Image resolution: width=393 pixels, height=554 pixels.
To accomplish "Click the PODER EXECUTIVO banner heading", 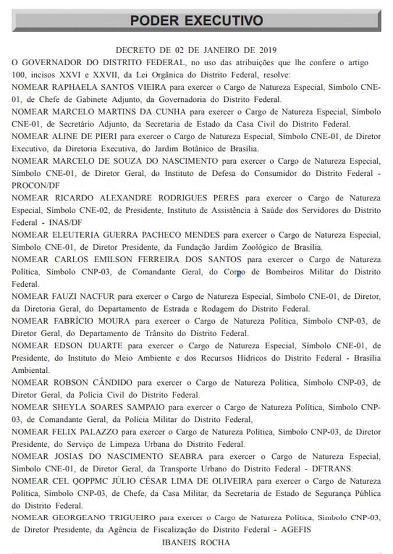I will pyautogui.click(x=196, y=21).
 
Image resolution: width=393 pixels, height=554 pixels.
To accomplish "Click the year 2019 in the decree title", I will pyautogui.click(x=265, y=51).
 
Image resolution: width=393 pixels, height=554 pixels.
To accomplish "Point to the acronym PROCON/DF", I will pyautogui.click(x=36, y=185).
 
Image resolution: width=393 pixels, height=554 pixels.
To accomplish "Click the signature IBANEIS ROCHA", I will pyautogui.click(x=197, y=542).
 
